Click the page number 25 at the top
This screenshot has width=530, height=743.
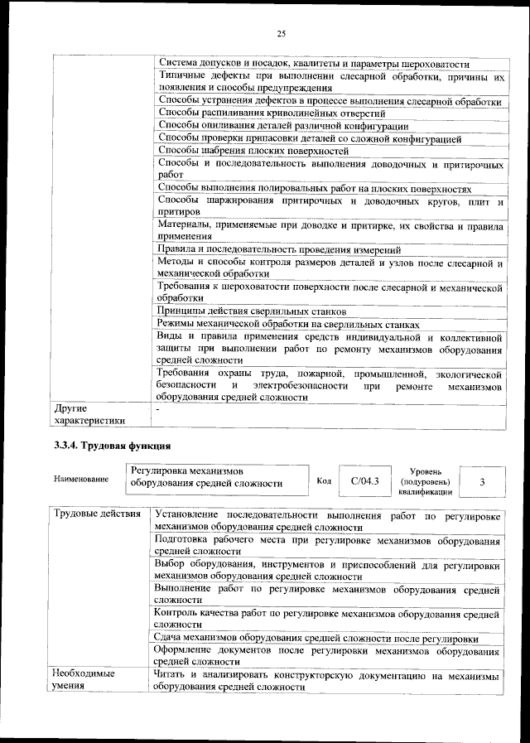pyautogui.click(x=281, y=33)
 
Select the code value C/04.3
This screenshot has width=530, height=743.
pyautogui.click(x=364, y=480)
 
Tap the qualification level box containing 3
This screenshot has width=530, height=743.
pyautogui.click(x=482, y=480)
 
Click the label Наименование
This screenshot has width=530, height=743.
pyautogui.click(x=81, y=480)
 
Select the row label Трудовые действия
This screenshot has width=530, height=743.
pyautogui.click(x=96, y=515)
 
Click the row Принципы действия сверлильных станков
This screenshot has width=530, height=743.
pyautogui.click(x=240, y=311)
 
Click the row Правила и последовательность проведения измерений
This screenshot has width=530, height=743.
pyautogui.click(x=279, y=249)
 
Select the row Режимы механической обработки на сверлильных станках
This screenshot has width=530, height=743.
pyautogui.click(x=288, y=324)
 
